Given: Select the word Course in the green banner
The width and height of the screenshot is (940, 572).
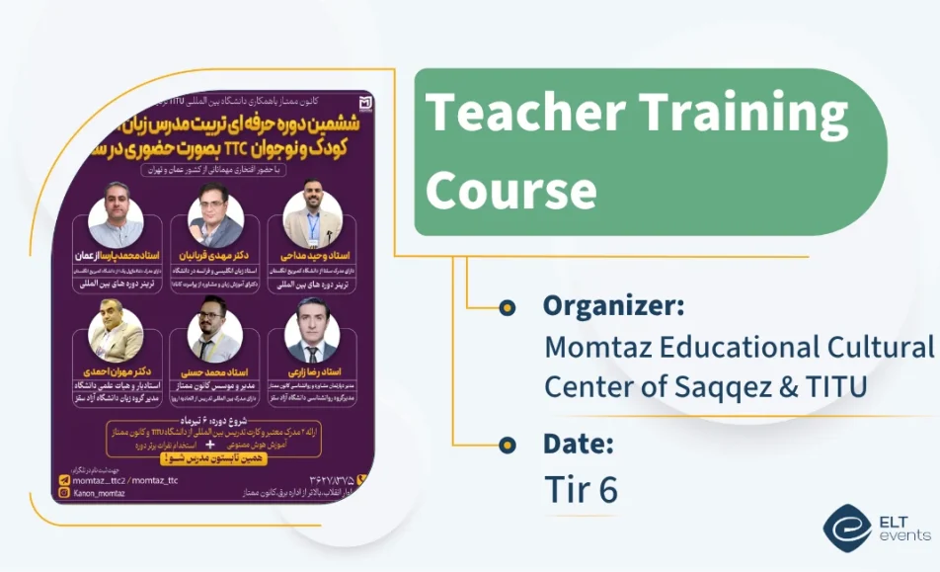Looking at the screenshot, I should coord(510,189).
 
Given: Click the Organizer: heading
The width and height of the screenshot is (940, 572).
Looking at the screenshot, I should coord(612,306).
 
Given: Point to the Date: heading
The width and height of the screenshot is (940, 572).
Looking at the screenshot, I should coord(578,444).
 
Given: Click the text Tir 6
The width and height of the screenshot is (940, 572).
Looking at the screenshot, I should coord(581,489).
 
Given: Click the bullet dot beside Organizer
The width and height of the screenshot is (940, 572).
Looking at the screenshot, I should coord(508,308).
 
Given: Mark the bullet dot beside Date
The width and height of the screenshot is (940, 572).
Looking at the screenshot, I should coord(508,444).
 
